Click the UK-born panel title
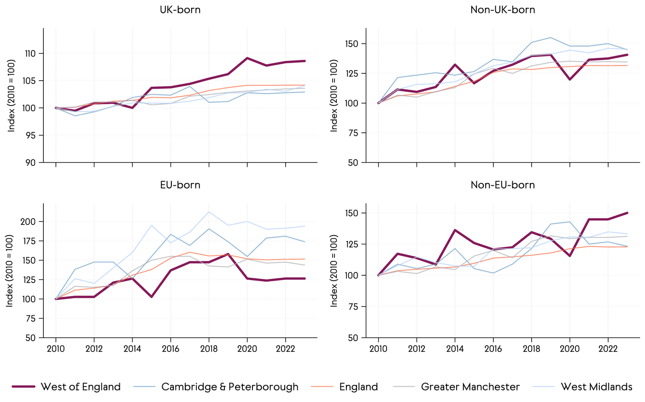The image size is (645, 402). click(180, 10)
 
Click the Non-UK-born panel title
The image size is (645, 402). click(503, 10)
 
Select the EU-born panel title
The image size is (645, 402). click(180, 185)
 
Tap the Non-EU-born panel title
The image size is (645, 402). click(503, 185)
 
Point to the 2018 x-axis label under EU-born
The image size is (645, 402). click(209, 349)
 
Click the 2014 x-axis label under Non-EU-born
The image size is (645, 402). click(455, 349)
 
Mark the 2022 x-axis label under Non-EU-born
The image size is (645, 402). click(608, 349)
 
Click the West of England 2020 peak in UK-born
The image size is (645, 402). click(247, 58)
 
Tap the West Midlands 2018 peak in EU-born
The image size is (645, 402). click(209, 212)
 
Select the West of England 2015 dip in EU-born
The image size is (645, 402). click(152, 296)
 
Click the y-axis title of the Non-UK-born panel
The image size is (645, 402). click(334, 95)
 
